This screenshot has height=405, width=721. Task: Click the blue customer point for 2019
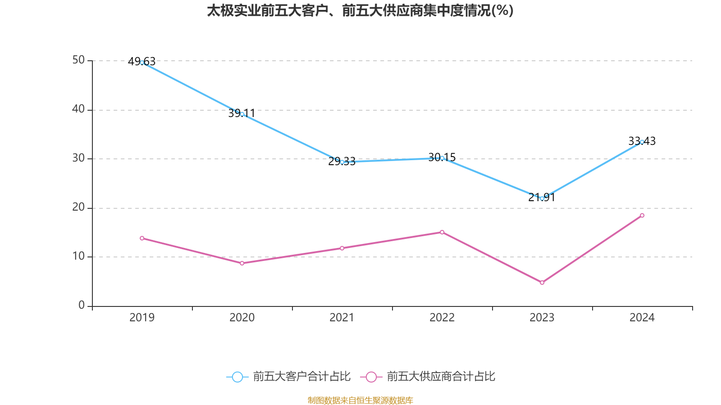pyautogui.click(x=142, y=63)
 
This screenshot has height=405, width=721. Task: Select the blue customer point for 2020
pyautogui.click(x=242, y=114)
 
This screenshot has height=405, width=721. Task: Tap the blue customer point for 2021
pyautogui.click(x=342, y=162)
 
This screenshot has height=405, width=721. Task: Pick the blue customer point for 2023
pyautogui.click(x=542, y=198)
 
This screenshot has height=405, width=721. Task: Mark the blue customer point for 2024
pyautogui.click(x=642, y=142)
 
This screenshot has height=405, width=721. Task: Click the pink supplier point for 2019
pyautogui.click(x=142, y=238)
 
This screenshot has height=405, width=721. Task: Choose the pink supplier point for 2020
pyautogui.click(x=242, y=263)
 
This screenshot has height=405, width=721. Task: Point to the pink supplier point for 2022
pyautogui.click(x=442, y=232)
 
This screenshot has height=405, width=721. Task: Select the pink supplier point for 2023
pyautogui.click(x=542, y=283)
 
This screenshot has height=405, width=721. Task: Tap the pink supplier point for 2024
pyautogui.click(x=642, y=216)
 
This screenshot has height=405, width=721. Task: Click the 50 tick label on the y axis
pyautogui.click(x=78, y=60)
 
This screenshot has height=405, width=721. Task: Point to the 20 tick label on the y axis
pyautogui.click(x=78, y=207)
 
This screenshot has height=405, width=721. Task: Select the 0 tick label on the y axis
pyautogui.click(x=82, y=306)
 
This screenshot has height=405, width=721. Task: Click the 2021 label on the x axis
pyautogui.click(x=342, y=318)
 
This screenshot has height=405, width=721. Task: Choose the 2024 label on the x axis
pyautogui.click(x=642, y=318)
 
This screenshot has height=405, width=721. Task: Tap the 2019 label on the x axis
pyautogui.click(x=142, y=318)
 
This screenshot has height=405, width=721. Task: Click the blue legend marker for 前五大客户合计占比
pyautogui.click(x=237, y=377)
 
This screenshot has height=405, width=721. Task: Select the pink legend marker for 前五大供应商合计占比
pyautogui.click(x=371, y=377)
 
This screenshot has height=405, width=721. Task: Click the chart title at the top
pyautogui.click(x=360, y=11)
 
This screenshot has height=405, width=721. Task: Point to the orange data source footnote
pyautogui.click(x=360, y=400)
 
